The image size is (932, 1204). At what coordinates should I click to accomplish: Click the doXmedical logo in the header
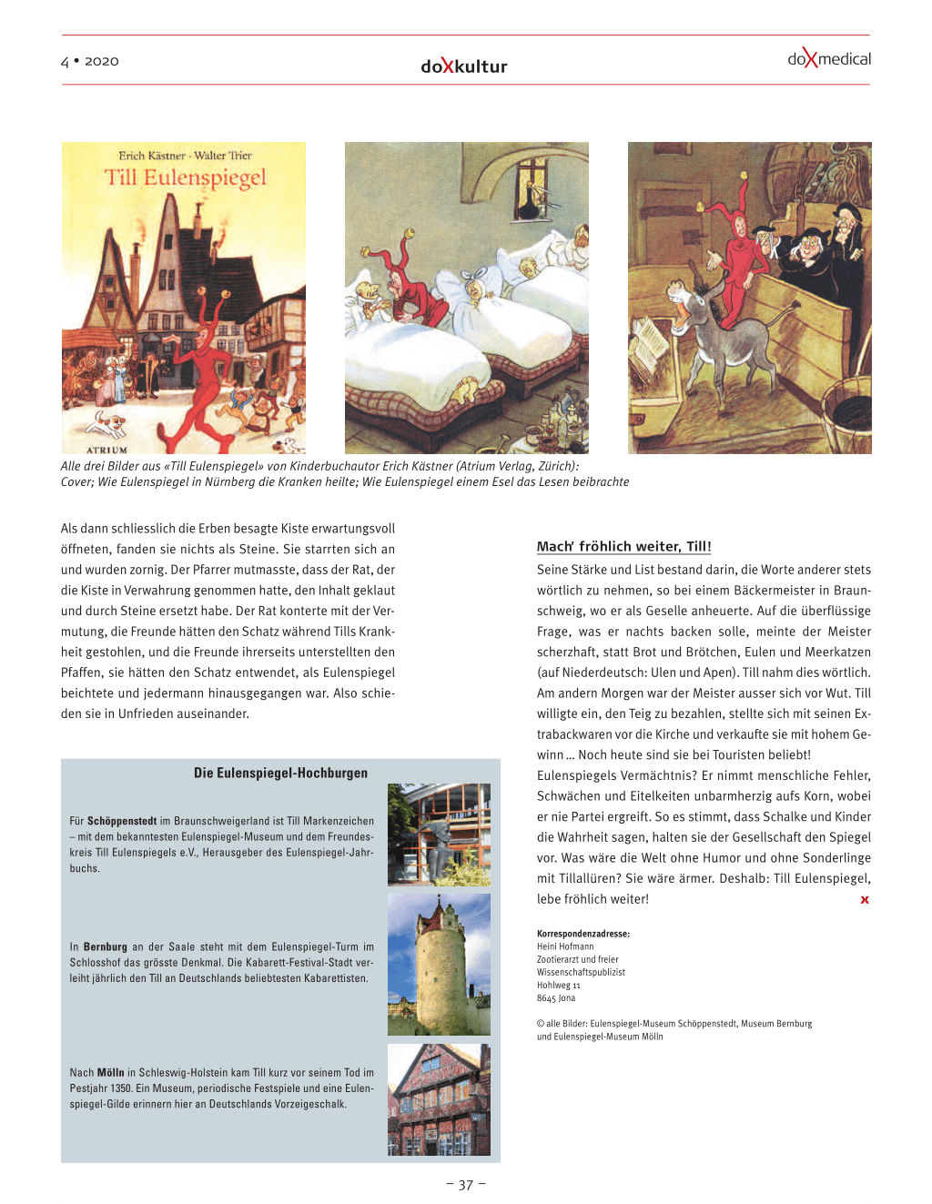click(x=829, y=59)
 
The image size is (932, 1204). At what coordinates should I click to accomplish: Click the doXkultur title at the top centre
click(x=464, y=66)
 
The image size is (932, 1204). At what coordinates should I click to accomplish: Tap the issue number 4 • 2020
click(x=90, y=61)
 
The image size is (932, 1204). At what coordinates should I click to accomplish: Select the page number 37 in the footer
click(x=466, y=1185)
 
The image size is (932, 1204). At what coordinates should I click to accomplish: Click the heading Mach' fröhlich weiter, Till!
click(x=623, y=546)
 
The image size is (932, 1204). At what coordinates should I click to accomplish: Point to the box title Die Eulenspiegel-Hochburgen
click(x=280, y=773)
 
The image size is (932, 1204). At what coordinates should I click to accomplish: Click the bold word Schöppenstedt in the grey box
click(x=122, y=821)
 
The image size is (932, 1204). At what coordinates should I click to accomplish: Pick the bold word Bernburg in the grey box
click(x=106, y=946)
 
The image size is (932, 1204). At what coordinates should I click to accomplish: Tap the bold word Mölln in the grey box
click(x=110, y=1073)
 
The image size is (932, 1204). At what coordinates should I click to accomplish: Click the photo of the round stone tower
click(x=439, y=965)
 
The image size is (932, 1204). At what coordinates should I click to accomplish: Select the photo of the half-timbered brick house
click(x=439, y=1099)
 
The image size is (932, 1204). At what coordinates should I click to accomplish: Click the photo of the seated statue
click(x=439, y=835)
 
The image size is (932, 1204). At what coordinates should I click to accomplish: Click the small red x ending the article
click(x=865, y=900)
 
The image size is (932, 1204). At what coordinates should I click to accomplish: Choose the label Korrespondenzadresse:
click(x=582, y=934)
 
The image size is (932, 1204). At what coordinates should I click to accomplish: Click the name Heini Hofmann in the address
click(x=565, y=946)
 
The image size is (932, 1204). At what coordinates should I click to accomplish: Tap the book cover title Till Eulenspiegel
click(x=186, y=177)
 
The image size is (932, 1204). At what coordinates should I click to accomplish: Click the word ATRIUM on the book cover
click(x=107, y=450)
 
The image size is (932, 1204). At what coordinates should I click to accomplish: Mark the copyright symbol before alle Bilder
click(x=541, y=1024)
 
